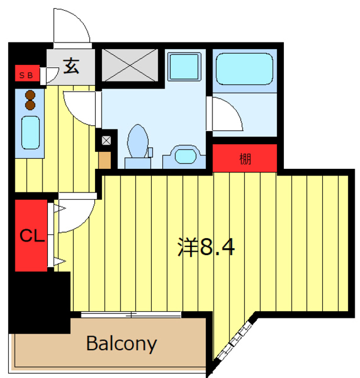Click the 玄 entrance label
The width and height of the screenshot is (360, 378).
(x=71, y=66)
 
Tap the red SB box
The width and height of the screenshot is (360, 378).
(x=26, y=74)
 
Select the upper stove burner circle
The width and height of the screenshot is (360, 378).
(x=29, y=94)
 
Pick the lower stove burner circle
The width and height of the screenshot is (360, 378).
(x=29, y=105)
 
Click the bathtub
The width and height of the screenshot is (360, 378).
(x=244, y=70)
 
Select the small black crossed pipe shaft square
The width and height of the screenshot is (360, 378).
(x=106, y=141)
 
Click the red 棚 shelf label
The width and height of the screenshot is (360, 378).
(x=245, y=158)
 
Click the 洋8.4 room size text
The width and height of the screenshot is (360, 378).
(x=206, y=247)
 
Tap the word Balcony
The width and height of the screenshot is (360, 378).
(x=122, y=343)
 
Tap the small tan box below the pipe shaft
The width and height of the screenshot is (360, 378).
(x=104, y=159)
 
